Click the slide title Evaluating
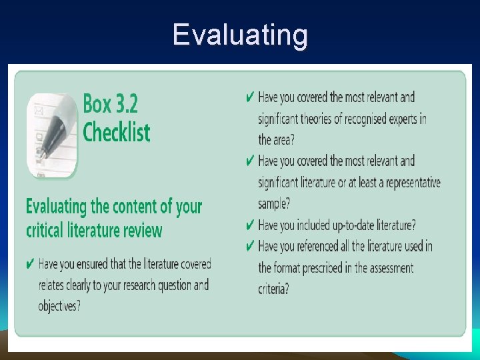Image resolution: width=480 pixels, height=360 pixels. pyautogui.click(x=240, y=35)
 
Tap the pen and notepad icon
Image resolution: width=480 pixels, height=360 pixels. pyautogui.click(x=52, y=135)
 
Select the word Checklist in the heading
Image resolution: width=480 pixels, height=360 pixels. pyautogui.click(x=116, y=131)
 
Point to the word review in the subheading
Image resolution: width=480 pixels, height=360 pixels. pyautogui.click(x=142, y=231)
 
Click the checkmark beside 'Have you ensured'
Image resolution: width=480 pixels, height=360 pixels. pyautogui.click(x=31, y=265)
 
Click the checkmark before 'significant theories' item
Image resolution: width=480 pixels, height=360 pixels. pyautogui.click(x=249, y=97)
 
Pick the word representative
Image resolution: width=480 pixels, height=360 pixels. pyautogui.click(x=409, y=182)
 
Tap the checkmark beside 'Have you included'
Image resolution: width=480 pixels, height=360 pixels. pyautogui.click(x=249, y=225)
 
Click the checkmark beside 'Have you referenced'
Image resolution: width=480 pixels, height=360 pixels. pyautogui.click(x=249, y=246)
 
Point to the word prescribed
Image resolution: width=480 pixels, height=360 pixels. pyautogui.click(x=327, y=268)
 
